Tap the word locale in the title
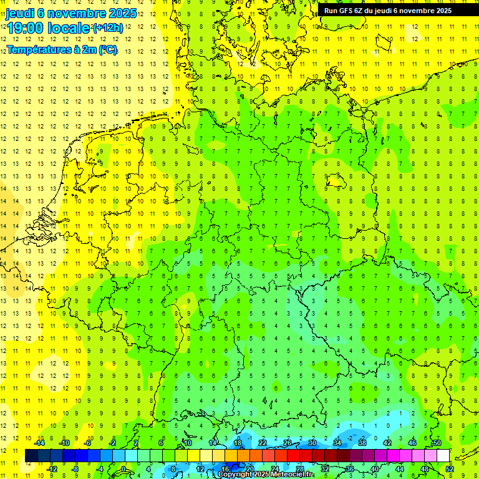(69, 28)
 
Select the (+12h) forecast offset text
(108, 28)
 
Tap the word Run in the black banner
(330, 11)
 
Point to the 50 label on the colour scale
(437, 443)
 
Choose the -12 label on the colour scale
(52, 469)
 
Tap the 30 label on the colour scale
(312, 443)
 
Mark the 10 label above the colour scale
(188, 443)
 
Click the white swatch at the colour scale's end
(443, 456)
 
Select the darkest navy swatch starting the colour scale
(31, 456)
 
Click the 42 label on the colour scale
(387, 443)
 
